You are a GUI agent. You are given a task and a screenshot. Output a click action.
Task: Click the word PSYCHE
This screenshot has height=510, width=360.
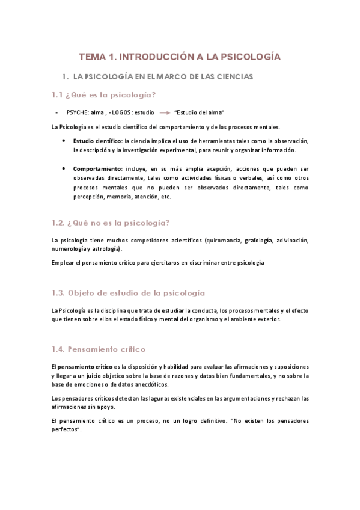pos(76,112)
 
